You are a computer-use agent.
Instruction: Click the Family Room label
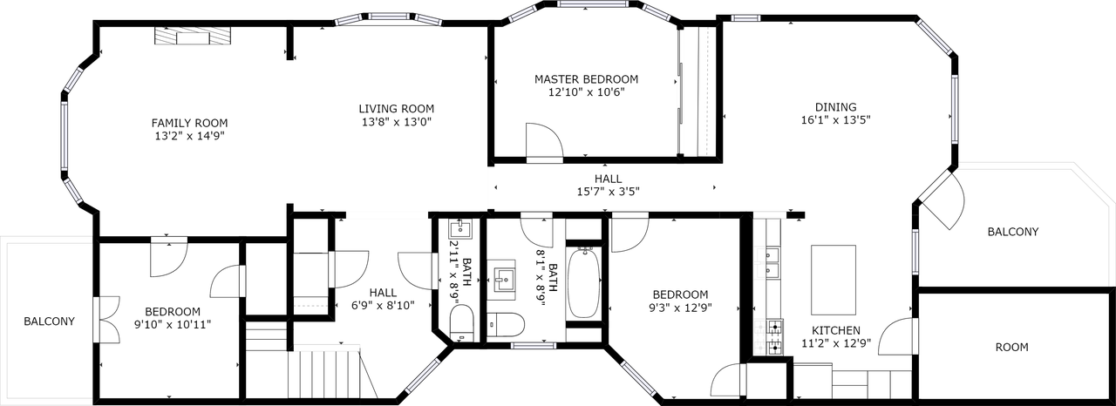click(189, 123)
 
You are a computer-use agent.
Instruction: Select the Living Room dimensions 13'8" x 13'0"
click(397, 122)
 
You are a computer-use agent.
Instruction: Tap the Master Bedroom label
click(586, 78)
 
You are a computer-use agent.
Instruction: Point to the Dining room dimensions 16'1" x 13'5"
click(835, 120)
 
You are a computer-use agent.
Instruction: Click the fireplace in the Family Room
click(194, 36)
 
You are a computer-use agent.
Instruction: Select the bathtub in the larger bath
click(583, 283)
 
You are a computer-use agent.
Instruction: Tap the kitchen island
click(833, 279)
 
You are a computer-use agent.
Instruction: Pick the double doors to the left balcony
click(106, 321)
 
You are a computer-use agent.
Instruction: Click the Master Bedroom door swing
click(545, 141)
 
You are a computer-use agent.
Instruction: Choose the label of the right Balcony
click(1012, 232)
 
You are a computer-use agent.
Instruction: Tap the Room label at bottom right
click(1011, 347)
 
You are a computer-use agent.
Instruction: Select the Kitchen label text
click(836, 331)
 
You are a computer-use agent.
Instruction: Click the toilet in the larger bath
click(505, 326)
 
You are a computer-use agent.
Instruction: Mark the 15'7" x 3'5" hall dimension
click(609, 192)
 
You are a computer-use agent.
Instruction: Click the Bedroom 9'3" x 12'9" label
click(678, 294)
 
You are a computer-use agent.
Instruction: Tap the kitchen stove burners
click(772, 337)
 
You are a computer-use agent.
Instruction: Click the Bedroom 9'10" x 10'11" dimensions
click(172, 324)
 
